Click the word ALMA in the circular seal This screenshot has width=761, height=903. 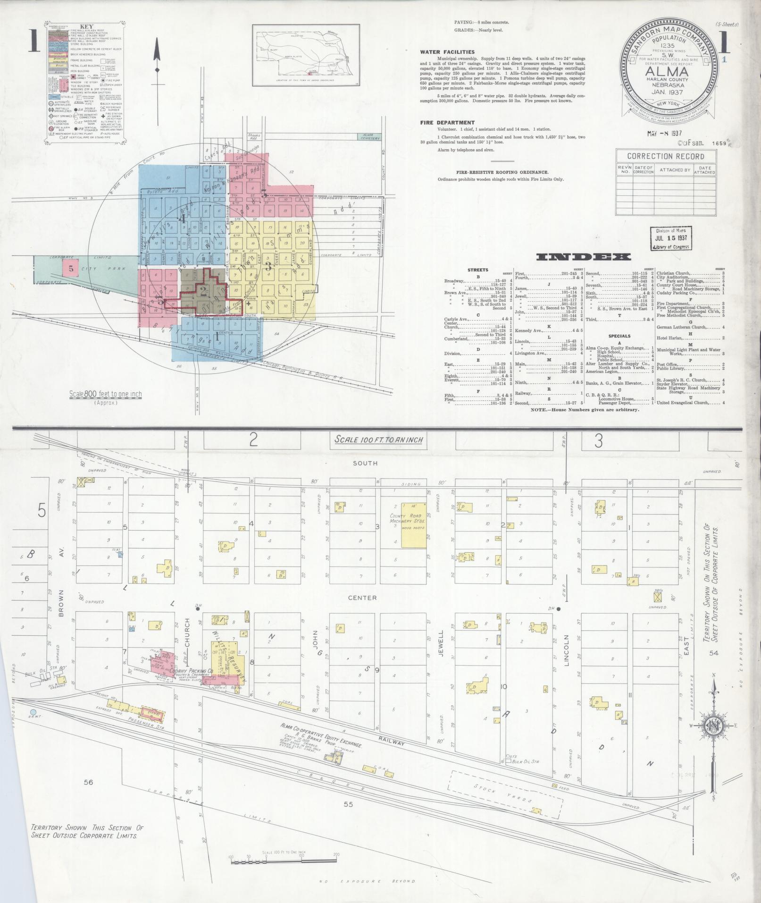666,71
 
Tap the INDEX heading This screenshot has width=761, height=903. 584,257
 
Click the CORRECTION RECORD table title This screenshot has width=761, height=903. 665,156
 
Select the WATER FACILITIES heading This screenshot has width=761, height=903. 447,52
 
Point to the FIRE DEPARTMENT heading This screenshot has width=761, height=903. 447,122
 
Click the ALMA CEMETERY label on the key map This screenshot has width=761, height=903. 369,137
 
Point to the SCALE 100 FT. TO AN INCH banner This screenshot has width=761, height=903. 378,440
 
